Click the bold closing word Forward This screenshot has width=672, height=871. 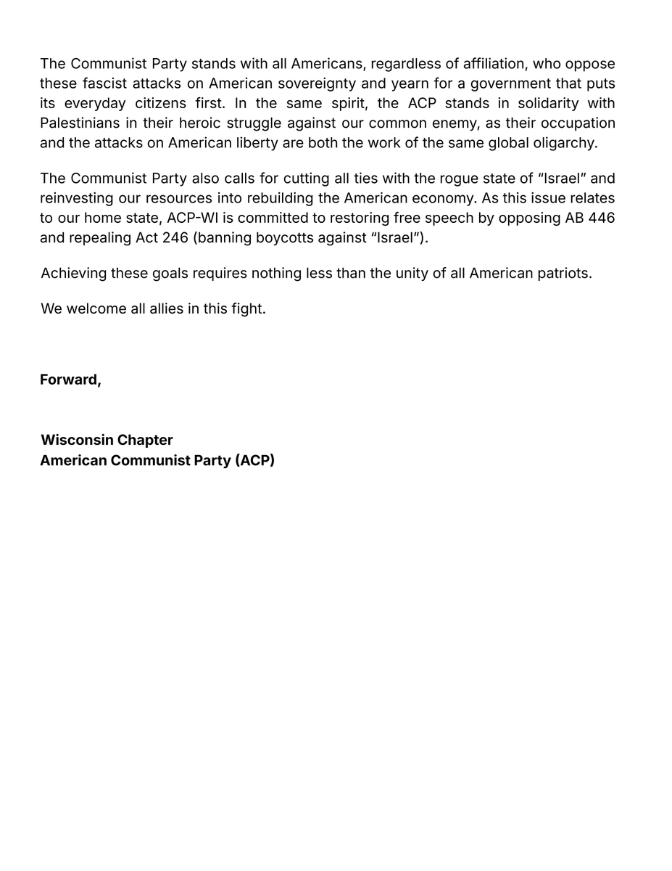click(70, 380)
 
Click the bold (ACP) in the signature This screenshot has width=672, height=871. click(255, 460)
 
